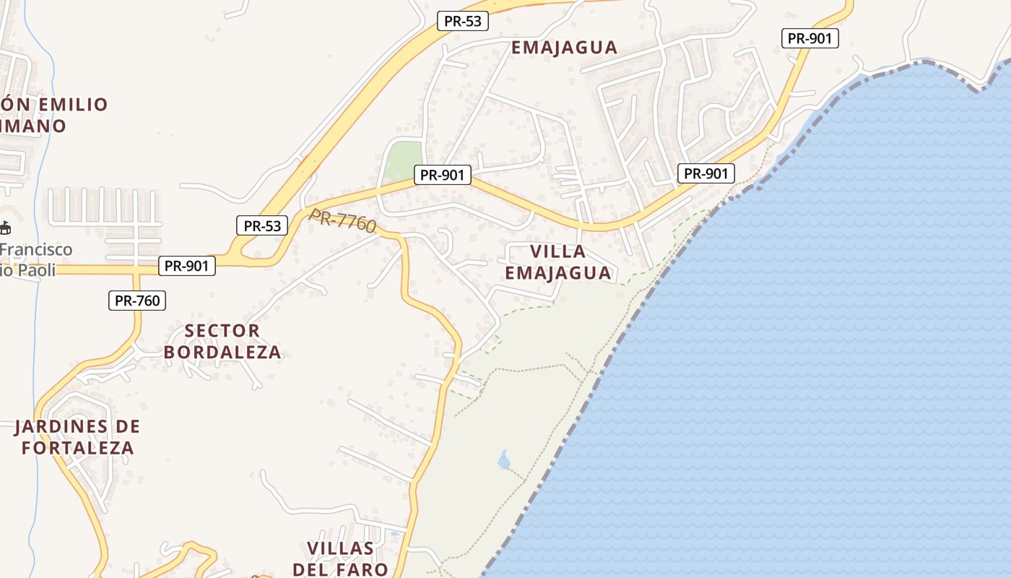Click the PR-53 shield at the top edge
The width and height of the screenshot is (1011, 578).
pyautogui.click(x=463, y=21)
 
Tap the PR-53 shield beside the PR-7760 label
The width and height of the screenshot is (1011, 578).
pyautogui.click(x=262, y=225)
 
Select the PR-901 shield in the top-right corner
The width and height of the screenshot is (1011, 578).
pyautogui.click(x=810, y=38)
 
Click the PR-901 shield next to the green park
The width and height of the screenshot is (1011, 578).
pyautogui.click(x=443, y=175)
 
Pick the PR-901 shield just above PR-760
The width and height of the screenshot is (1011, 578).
pyautogui.click(x=186, y=266)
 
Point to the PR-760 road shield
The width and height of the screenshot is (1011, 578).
pyautogui.click(x=137, y=301)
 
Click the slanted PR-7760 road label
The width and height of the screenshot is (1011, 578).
pyautogui.click(x=343, y=220)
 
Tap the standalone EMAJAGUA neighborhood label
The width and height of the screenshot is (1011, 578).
pyautogui.click(x=565, y=48)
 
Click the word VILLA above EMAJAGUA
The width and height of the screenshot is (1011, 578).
pyautogui.click(x=558, y=251)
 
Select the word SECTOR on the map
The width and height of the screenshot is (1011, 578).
pyautogui.click(x=222, y=331)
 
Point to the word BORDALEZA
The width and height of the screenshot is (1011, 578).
pyautogui.click(x=222, y=353)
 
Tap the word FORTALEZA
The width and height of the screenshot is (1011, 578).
pyautogui.click(x=78, y=448)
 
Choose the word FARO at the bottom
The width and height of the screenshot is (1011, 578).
pyautogui.click(x=365, y=569)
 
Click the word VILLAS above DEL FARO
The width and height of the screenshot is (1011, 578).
pyautogui.click(x=341, y=548)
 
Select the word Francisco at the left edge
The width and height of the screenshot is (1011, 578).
pyautogui.click(x=36, y=250)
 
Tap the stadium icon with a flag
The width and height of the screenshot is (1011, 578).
pyautogui.click(x=4, y=228)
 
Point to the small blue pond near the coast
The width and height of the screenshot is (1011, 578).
pyautogui.click(x=504, y=459)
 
